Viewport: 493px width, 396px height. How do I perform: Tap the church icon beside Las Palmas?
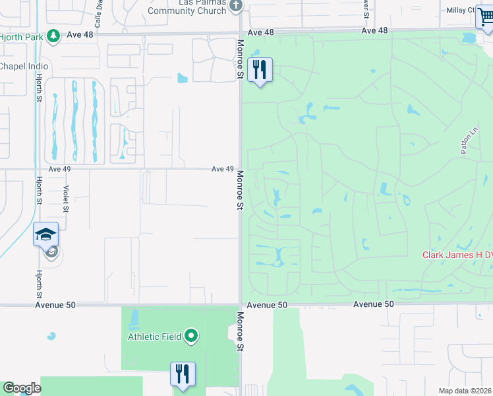pos(235,5)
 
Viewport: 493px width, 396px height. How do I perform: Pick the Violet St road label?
pos(67,198)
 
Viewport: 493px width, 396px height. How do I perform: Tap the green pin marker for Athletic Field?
pos(192,337)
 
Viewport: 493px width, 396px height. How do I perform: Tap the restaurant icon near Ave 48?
pos(260,69)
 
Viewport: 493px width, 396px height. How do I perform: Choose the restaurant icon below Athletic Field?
pos(182,374)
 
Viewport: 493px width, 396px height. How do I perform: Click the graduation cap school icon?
pos(46,235)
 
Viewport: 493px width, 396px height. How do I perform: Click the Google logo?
pos(21,388)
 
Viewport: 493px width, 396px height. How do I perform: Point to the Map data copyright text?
pos(465,391)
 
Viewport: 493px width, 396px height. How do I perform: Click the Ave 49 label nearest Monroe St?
pos(223,169)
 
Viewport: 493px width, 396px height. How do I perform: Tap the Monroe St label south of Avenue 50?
pos(240,336)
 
